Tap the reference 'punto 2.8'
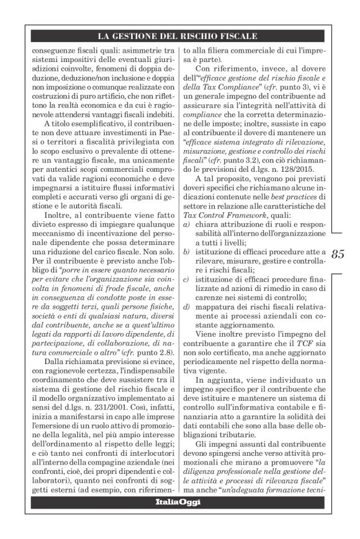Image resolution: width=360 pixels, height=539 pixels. point(139,352)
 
